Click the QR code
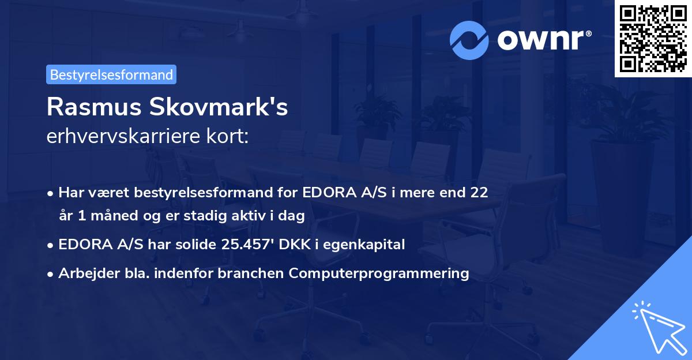pyautogui.click(x=652, y=38)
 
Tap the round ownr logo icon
pyautogui.click(x=469, y=40)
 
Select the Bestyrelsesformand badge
pyautogui.click(x=111, y=74)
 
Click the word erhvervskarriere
pyautogui.click(x=119, y=137)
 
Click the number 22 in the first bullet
pyautogui.click(x=479, y=192)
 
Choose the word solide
pyautogui.click(x=189, y=245)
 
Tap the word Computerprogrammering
pyautogui.click(x=379, y=273)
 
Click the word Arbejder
pyautogui.click(x=84, y=273)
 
